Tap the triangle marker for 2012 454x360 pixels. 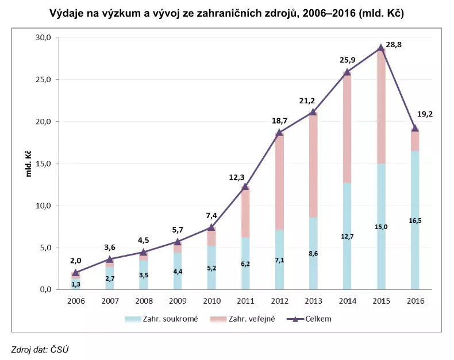(x=279, y=133)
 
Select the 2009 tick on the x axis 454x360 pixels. (x=178, y=300)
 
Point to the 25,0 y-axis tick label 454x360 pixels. (x=44, y=80)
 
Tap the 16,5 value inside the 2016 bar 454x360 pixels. (x=414, y=220)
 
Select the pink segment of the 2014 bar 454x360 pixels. (x=347, y=126)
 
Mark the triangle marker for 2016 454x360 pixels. (x=414, y=128)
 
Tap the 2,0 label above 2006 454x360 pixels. (x=75, y=260)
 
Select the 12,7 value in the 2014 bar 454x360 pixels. (x=347, y=237)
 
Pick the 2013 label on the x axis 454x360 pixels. (x=313, y=300)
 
